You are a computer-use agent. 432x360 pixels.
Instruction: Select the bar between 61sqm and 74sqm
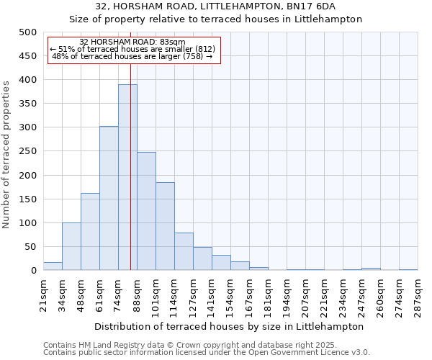click(x=109, y=199)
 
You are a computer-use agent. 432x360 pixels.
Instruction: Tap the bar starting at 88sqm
click(x=146, y=212)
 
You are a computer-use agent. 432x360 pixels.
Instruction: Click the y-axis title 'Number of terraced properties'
click(x=6, y=154)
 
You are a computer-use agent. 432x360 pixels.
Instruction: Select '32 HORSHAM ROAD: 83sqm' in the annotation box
click(x=132, y=42)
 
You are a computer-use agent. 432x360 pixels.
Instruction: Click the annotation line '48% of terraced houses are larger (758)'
click(x=132, y=56)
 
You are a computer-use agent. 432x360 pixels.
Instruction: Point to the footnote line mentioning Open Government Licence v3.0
click(x=207, y=353)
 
